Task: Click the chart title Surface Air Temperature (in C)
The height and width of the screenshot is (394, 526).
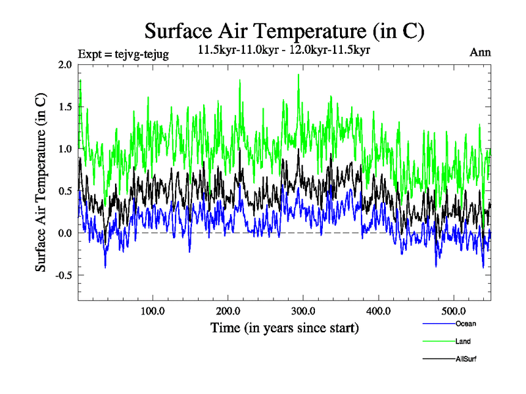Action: click(284, 31)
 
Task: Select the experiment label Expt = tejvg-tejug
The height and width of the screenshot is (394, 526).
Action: click(123, 54)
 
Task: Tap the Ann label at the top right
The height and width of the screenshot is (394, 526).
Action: click(480, 53)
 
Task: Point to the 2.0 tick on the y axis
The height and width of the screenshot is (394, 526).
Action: click(65, 64)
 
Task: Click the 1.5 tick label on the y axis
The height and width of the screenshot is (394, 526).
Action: click(65, 106)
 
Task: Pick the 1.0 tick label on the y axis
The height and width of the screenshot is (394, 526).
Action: click(65, 148)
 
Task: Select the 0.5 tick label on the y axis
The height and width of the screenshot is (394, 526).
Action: click(65, 190)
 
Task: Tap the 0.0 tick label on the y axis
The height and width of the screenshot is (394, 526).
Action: click(65, 232)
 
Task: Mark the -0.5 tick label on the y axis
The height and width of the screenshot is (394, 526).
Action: click(64, 274)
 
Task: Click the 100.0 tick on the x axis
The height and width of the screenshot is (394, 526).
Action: click(153, 310)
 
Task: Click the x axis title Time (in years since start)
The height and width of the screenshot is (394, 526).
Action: click(285, 327)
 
